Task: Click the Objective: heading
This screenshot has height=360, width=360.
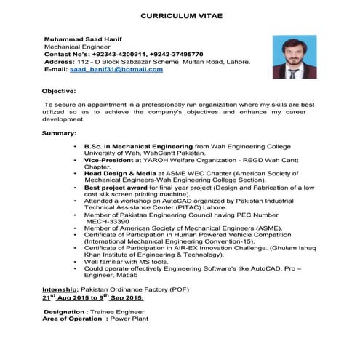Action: coord(58,91)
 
